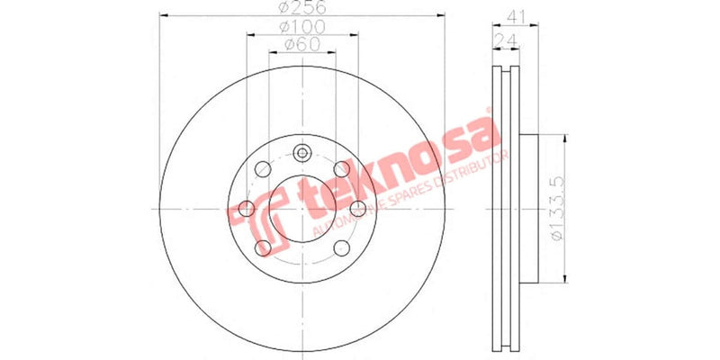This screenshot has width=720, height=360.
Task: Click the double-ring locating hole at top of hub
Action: click(301, 153)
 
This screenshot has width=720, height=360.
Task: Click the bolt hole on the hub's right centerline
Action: click(359, 209)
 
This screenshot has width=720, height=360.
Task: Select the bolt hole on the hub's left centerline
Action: click(244, 210)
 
